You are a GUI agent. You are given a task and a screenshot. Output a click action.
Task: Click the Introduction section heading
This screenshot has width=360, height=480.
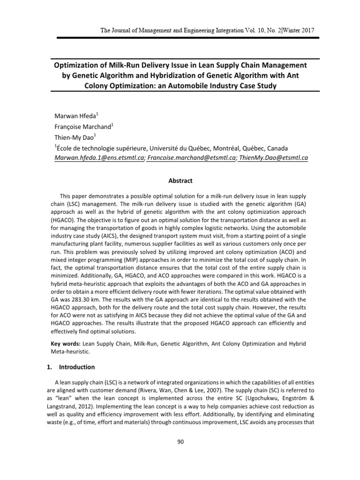pos(75,367)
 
